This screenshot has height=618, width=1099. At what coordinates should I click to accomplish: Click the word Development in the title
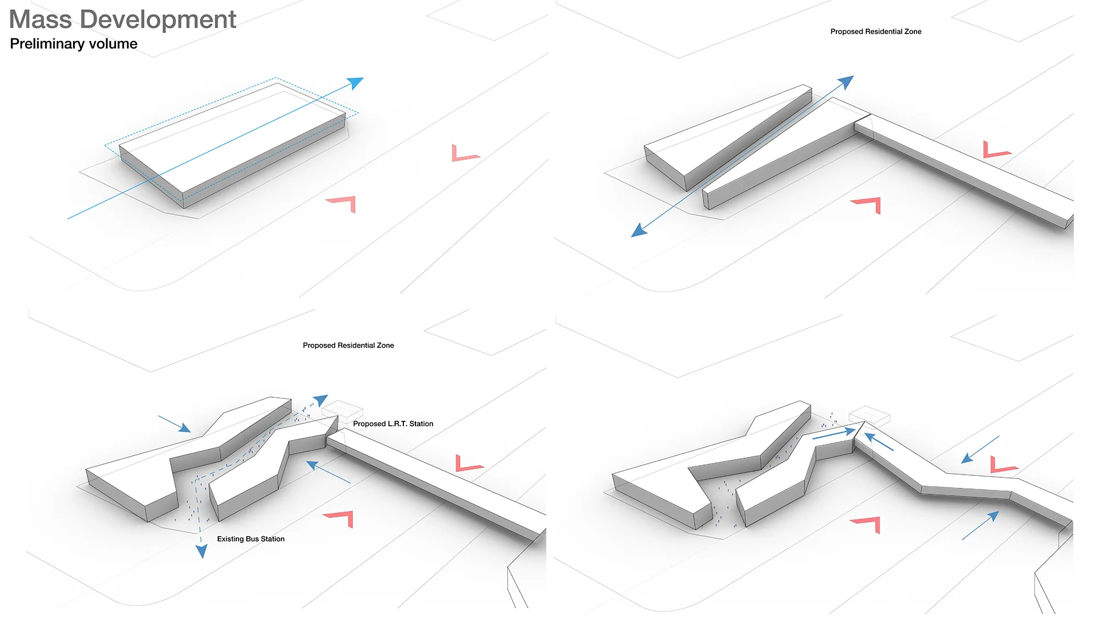click(x=158, y=20)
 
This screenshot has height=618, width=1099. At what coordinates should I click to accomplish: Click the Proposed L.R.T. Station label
click(x=393, y=424)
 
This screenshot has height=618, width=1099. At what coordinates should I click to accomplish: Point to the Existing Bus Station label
click(x=251, y=539)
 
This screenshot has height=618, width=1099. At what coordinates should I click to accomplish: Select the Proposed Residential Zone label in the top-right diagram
click(x=875, y=32)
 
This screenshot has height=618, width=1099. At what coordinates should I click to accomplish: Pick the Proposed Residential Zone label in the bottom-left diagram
click(x=348, y=346)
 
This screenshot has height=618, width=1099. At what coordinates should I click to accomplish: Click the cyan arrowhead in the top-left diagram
click(x=356, y=83)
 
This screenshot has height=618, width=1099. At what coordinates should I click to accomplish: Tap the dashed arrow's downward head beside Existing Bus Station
click(x=202, y=551)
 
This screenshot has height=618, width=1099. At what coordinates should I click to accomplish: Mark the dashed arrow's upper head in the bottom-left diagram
click(x=320, y=400)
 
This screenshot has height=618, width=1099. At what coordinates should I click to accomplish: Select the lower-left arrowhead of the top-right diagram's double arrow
click(x=639, y=230)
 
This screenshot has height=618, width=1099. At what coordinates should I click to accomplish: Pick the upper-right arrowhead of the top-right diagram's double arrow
click(x=846, y=82)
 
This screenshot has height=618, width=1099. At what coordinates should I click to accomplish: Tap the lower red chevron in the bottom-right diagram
click(x=867, y=524)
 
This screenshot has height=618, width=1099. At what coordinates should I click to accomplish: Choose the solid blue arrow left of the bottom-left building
click(x=175, y=424)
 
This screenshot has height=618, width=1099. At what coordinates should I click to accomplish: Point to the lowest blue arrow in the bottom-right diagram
click(x=980, y=526)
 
